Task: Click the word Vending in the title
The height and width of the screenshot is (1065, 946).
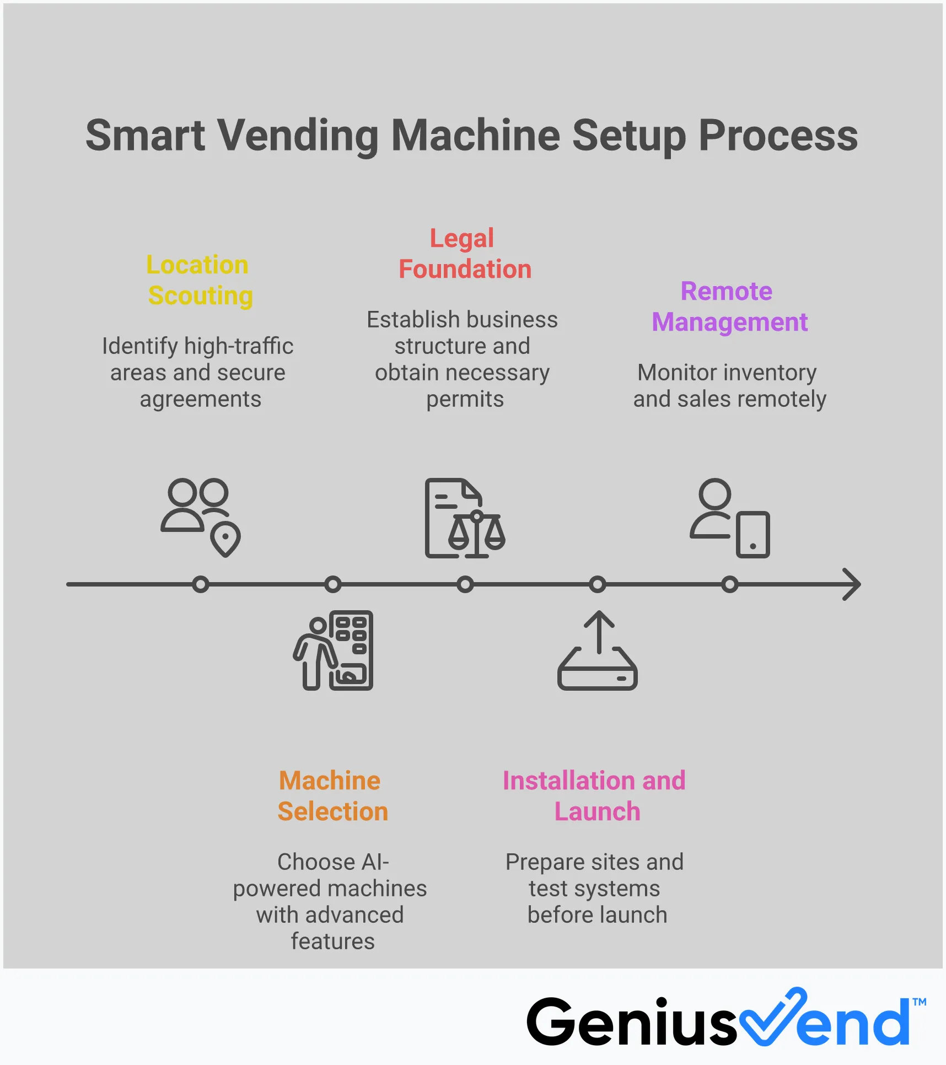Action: tap(297, 136)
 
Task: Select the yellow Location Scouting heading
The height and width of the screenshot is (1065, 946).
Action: tap(200, 280)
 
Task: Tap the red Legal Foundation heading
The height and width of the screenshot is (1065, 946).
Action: tap(464, 254)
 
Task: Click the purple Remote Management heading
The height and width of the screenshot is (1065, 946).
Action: tap(729, 306)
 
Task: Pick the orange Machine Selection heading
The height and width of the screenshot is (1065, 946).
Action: tap(332, 796)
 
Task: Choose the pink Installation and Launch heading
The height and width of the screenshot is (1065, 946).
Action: tap(594, 796)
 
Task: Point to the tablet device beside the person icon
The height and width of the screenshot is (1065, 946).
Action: tap(752, 535)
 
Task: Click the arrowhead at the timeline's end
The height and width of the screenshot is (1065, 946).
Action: tap(852, 584)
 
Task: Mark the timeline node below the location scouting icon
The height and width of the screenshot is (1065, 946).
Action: tap(201, 584)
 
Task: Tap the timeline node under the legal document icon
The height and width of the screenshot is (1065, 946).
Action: tap(465, 584)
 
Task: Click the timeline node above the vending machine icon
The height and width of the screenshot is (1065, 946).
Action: tap(332, 584)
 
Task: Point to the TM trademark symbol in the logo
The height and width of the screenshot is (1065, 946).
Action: tap(919, 1002)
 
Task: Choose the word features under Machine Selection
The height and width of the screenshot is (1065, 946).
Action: tap(332, 942)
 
